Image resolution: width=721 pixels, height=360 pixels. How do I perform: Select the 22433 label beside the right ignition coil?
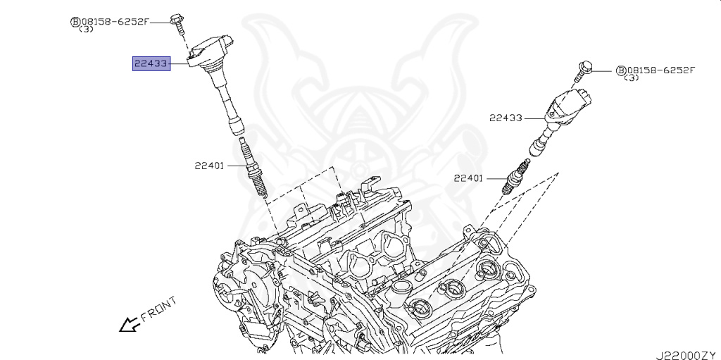[x=506, y=118]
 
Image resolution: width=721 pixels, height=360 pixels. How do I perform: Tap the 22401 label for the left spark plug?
[x=209, y=166]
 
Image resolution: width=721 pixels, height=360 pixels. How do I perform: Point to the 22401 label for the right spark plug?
[x=468, y=178]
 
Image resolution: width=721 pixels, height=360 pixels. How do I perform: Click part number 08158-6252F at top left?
[x=115, y=21]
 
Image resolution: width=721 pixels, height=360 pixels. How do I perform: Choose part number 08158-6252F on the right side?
[x=660, y=70]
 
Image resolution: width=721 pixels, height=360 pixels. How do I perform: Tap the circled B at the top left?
[x=75, y=22]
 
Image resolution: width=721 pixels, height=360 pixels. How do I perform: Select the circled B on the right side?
[x=620, y=70]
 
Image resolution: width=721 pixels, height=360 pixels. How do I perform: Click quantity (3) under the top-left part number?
[x=85, y=30]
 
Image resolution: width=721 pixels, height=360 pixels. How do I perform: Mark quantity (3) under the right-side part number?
[x=632, y=78]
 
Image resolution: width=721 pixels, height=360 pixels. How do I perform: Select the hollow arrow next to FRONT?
[x=128, y=324]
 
